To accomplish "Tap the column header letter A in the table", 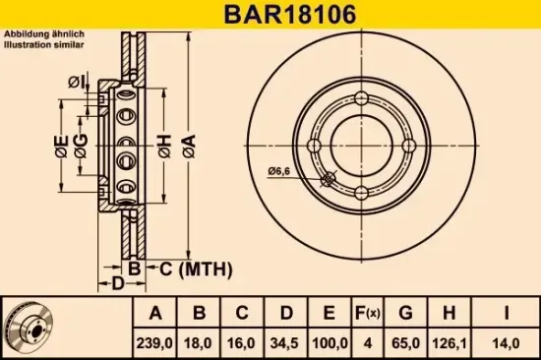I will (155, 314).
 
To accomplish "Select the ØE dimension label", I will (61, 150).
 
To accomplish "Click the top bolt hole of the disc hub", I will (361, 98).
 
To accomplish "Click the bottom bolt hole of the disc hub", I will (361, 192).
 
